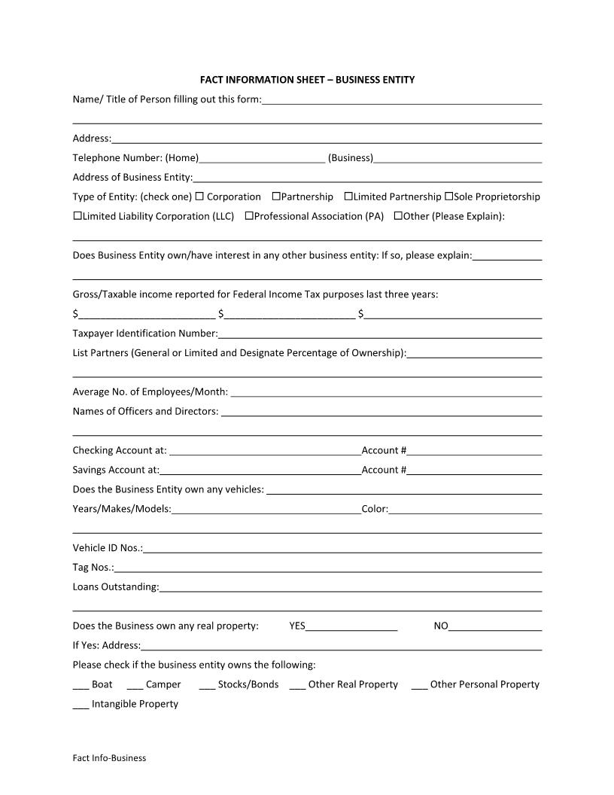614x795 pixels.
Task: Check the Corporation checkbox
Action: pos(199,196)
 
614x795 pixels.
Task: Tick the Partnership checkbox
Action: pos(276,196)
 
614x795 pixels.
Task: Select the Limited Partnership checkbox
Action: pos(348,196)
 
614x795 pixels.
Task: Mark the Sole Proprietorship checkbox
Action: pos(448,196)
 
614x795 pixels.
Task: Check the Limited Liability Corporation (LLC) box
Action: pos(78,216)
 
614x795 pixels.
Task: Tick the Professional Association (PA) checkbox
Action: pos(249,216)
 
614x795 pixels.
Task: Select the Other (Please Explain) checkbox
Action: pos(398,216)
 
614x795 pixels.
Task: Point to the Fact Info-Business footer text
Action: pos(109,758)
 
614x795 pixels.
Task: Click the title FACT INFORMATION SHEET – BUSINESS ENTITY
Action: pos(307,79)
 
